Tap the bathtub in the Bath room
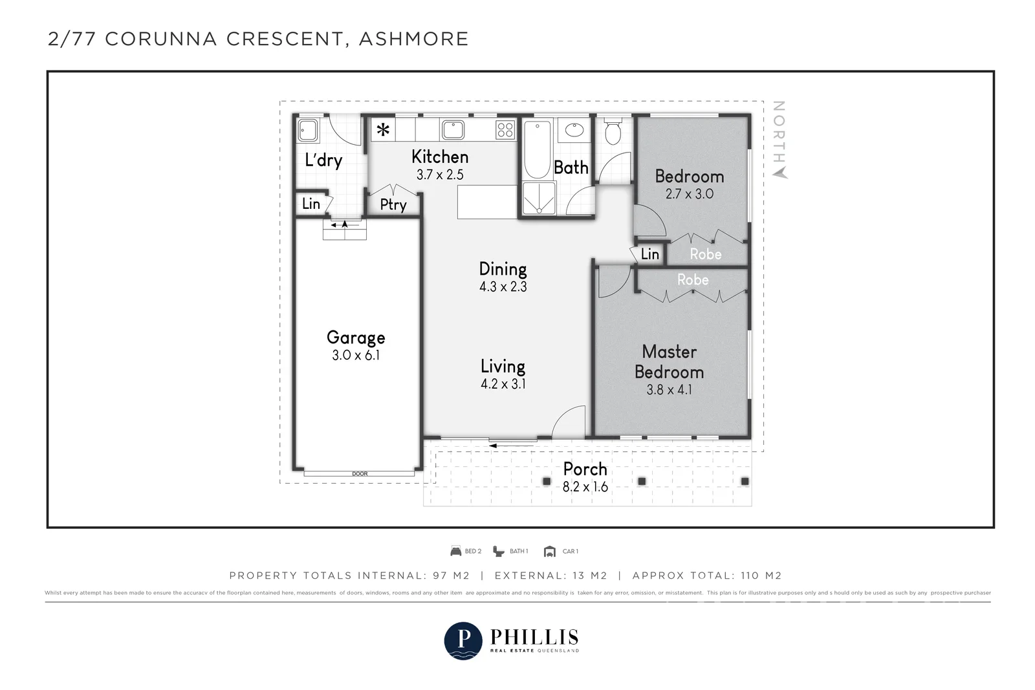537,149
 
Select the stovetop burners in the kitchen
505,130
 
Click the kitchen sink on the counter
453,130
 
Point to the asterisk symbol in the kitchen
383,130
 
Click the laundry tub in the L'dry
308,130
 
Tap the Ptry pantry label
393,204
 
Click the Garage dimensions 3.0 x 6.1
356,355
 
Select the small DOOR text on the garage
360,474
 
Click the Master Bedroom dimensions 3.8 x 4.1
669,390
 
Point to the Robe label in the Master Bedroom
693,279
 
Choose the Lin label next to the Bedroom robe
649,253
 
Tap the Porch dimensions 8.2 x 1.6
585,487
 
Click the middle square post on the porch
642,481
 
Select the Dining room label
503,269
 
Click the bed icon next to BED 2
455,551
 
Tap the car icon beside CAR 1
549,552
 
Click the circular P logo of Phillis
463,641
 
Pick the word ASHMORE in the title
413,39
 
